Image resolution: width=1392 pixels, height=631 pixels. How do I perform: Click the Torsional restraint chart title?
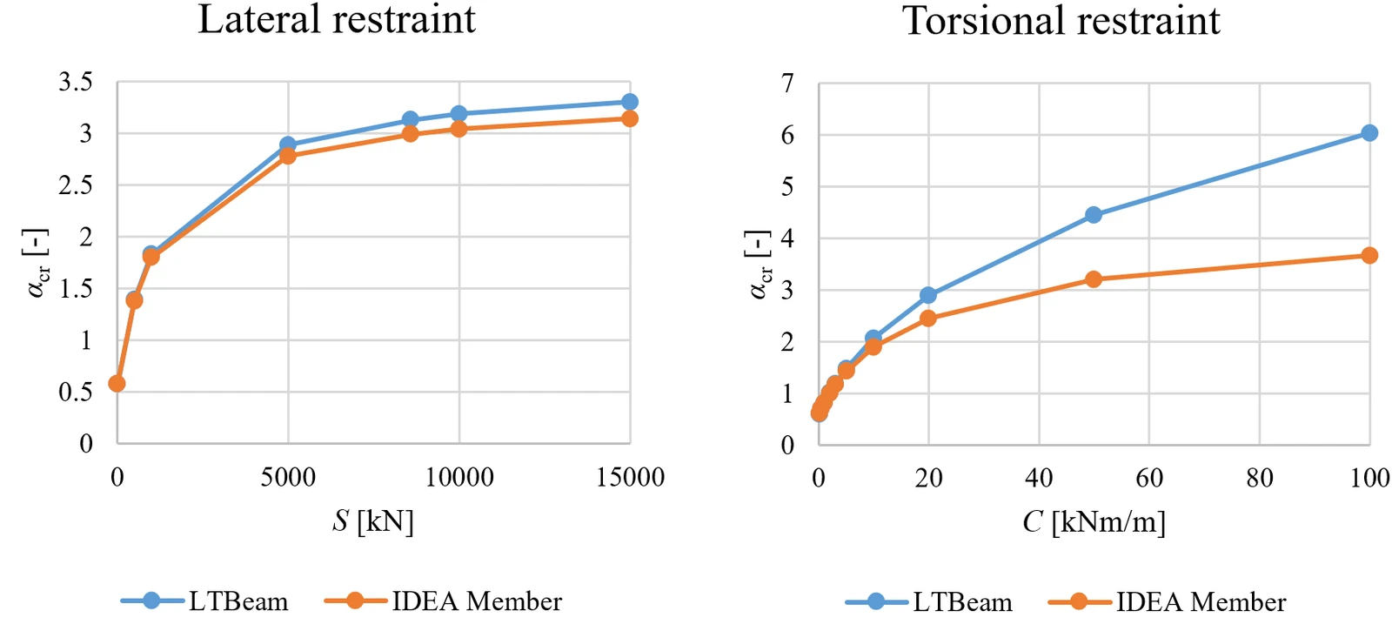1061,20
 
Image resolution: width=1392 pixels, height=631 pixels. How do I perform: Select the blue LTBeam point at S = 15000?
630,102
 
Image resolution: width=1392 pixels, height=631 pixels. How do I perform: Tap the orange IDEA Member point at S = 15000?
630,118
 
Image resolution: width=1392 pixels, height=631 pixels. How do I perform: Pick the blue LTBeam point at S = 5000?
288,144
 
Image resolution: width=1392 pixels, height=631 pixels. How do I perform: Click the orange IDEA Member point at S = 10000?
458,129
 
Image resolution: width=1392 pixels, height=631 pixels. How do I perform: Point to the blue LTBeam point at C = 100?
1369,132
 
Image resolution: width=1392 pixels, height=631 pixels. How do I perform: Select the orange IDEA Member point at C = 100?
1369,256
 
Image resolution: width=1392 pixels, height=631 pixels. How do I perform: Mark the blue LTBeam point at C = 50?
1094,215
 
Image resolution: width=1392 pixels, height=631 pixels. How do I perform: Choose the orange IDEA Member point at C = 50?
1094,279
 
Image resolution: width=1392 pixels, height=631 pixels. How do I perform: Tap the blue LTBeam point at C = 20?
928,295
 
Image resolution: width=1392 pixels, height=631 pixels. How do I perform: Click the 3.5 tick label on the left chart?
76,82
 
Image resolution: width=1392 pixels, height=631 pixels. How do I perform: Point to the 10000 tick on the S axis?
459,478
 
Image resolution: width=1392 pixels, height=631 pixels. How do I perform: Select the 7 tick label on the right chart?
788,83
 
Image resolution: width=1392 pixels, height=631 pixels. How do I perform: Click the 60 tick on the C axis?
1149,478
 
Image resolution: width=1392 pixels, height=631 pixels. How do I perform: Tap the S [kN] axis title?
373,521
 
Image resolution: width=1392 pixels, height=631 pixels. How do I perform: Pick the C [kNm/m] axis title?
1094,522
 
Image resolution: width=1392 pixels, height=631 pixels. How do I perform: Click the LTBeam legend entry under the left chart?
205,601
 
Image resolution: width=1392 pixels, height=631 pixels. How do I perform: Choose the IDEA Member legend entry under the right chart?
1168,601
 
